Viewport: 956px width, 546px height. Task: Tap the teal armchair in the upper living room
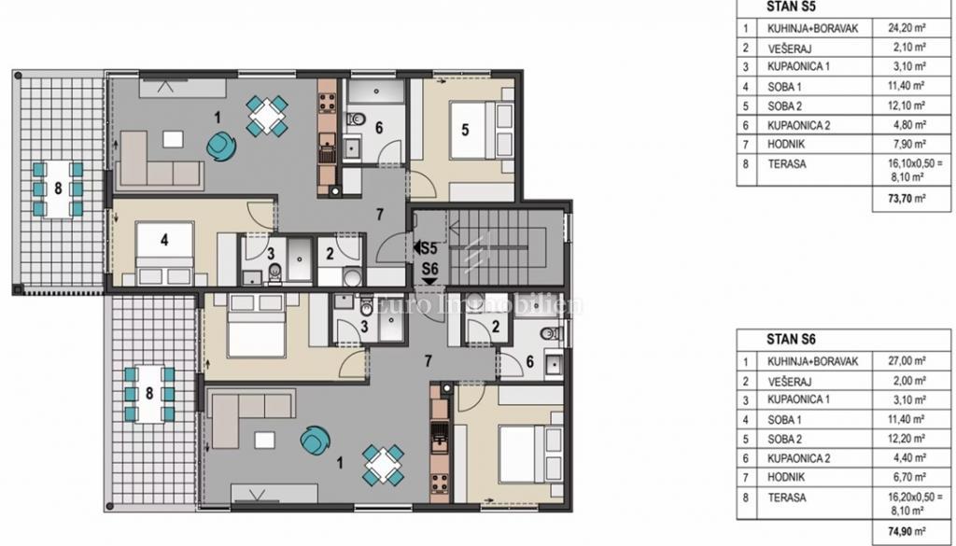pos(222,145)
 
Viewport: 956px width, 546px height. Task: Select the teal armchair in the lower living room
pos(316,438)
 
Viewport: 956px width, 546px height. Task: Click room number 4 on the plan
pos(164,240)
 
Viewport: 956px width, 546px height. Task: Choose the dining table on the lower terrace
pos(149,392)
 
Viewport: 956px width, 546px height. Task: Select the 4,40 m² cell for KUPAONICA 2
pos(905,458)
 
